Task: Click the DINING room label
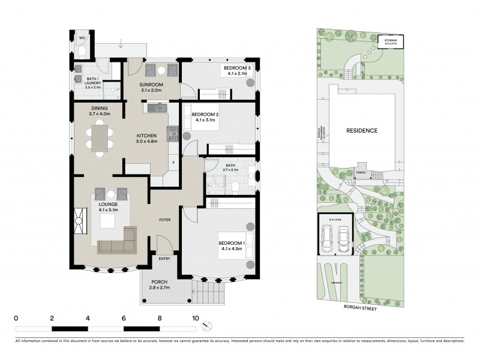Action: (100, 109)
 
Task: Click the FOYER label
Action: (164, 220)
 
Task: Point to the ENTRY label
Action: (164, 259)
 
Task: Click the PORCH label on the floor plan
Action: (160, 282)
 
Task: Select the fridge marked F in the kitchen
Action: (173, 163)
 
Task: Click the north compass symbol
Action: (208, 326)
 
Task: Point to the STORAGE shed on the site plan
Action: (391, 42)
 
